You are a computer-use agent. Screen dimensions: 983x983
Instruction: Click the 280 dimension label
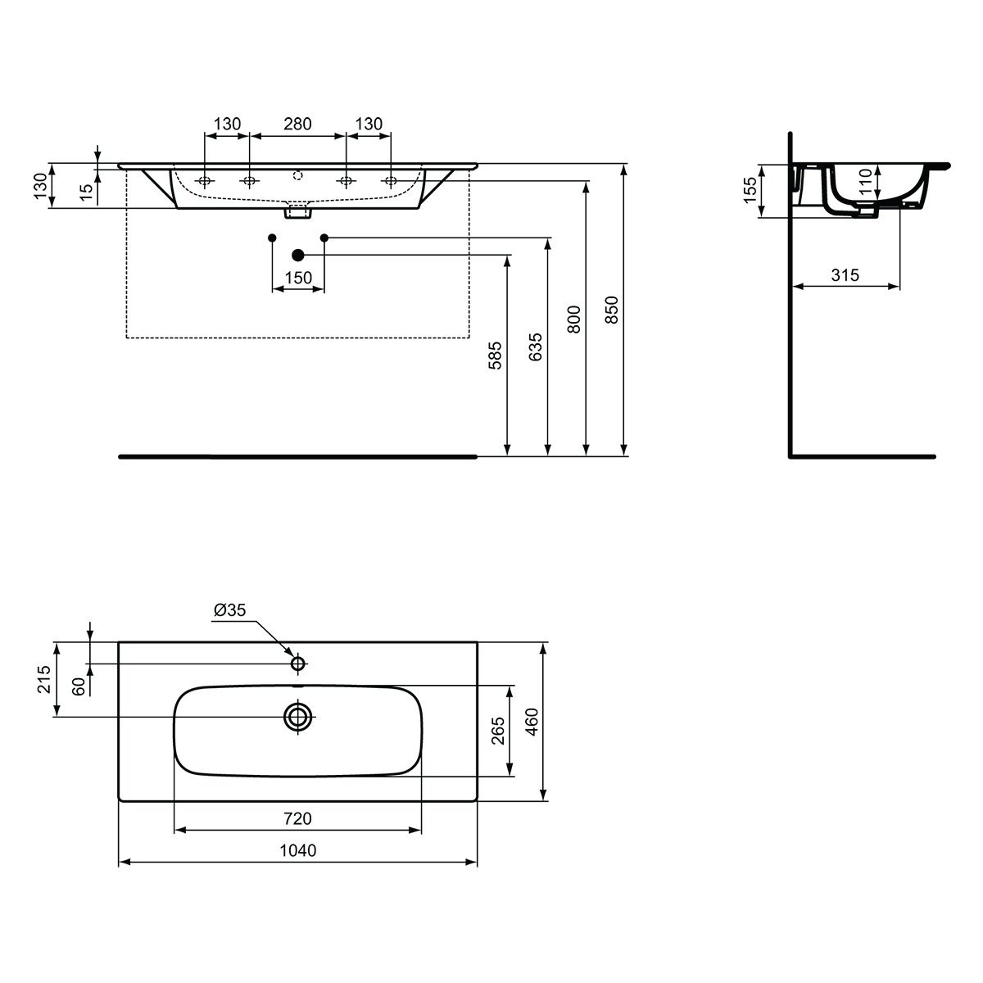tap(297, 124)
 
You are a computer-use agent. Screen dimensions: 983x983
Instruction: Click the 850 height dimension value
tap(612, 310)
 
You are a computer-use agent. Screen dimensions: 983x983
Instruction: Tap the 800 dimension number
tap(574, 319)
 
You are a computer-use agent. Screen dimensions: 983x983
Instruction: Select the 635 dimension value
tap(535, 347)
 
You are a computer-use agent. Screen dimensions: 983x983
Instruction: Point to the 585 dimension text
tap(495, 355)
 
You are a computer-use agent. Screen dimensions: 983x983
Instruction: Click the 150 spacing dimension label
tap(298, 278)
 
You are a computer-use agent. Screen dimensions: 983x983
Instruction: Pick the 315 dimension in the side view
tap(845, 275)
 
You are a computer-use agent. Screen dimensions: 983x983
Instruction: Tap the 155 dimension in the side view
tap(750, 190)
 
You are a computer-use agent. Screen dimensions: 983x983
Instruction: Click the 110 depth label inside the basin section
tap(866, 182)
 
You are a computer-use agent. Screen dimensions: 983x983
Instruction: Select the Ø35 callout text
tap(229, 609)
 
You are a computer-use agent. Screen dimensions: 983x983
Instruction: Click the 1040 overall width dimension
tap(298, 850)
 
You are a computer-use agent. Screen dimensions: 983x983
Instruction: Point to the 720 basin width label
tap(297, 818)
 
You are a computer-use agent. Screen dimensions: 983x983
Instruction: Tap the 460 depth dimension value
tap(532, 722)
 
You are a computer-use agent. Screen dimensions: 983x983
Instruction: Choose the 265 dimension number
tap(498, 731)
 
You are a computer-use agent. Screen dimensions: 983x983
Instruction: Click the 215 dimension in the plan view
tap(44, 679)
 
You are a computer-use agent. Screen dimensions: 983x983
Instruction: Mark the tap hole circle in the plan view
tap(298, 664)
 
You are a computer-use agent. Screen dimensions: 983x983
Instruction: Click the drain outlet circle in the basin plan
tap(298, 718)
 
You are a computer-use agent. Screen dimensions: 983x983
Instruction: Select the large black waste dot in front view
tap(298, 255)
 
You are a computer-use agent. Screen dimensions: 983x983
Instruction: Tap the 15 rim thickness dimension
tap(87, 192)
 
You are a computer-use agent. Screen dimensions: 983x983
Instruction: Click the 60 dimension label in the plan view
tap(79, 686)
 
